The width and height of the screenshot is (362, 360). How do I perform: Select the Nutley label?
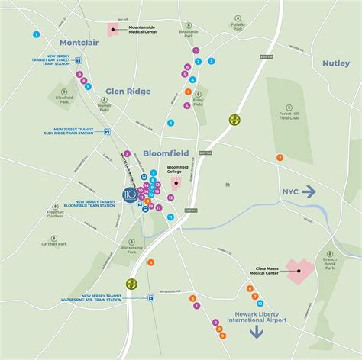[335, 63]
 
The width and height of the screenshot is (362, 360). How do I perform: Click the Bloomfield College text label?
[177, 169]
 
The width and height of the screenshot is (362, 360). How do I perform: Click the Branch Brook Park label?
[329, 263]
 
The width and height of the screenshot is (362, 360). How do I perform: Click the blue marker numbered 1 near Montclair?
[36, 34]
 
